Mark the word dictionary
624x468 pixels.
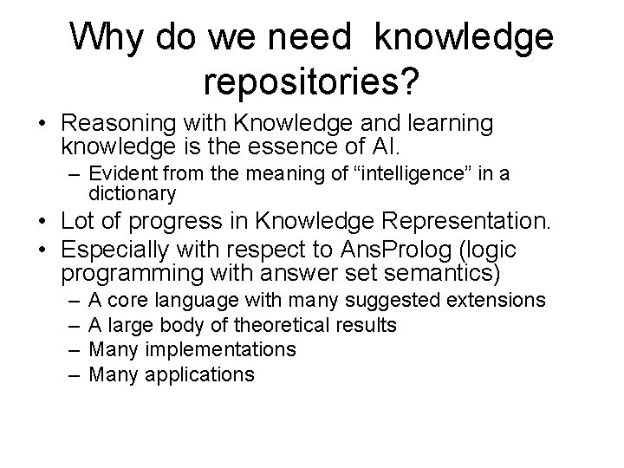132,193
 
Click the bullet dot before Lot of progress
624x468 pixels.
42,226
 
